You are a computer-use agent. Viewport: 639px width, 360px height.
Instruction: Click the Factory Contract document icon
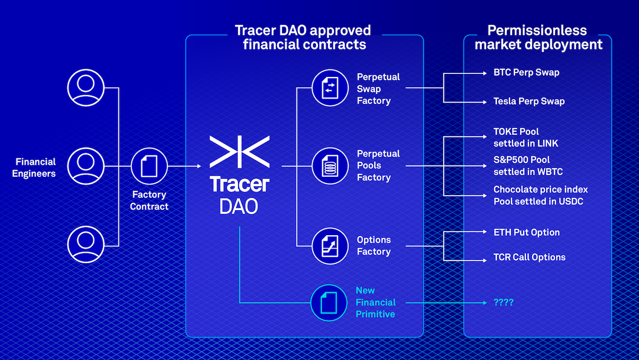click(149, 166)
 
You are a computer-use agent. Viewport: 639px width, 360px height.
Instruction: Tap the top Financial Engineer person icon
click(86, 88)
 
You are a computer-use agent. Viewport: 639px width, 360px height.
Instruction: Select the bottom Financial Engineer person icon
click(86, 245)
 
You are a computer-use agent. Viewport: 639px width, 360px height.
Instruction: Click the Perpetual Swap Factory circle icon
click(330, 88)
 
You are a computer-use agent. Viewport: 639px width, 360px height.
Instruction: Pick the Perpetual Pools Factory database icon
click(330, 165)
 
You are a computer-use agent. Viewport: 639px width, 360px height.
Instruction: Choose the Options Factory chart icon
click(330, 246)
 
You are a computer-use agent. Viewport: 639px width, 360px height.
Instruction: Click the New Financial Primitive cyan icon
click(329, 302)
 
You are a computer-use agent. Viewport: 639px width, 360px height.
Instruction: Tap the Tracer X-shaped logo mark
click(240, 151)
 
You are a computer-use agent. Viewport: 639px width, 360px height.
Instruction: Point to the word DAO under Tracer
click(239, 206)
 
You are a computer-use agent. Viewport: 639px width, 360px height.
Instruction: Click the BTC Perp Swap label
click(526, 72)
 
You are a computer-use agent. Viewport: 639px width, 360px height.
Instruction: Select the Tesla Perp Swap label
click(529, 101)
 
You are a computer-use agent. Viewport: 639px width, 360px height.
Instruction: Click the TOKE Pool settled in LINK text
click(526, 138)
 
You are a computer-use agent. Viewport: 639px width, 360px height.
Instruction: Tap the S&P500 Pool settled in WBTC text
click(528, 166)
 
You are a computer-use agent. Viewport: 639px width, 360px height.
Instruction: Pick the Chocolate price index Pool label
click(540, 196)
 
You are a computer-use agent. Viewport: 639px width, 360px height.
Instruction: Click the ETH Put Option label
click(526, 232)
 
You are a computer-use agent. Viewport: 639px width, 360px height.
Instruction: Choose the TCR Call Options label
click(529, 257)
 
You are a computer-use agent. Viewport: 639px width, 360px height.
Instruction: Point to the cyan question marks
click(503, 302)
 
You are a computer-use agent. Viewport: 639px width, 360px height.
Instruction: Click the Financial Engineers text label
click(34, 168)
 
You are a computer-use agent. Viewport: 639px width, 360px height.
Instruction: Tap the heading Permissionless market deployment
click(538, 37)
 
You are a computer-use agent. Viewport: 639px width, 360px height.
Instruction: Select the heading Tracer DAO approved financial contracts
click(304, 37)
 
